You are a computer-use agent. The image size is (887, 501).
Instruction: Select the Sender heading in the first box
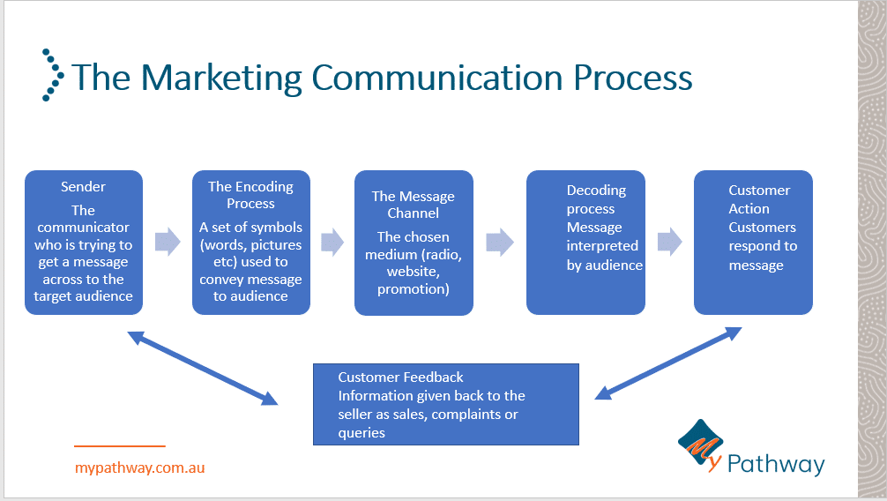83,186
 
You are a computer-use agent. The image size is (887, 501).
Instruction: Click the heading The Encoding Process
250,195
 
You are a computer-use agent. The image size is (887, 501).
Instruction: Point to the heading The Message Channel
413,205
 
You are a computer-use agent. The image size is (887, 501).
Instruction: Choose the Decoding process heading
596,199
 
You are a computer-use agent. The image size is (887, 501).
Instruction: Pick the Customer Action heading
759,199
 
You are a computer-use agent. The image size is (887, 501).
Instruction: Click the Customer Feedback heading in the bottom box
400,377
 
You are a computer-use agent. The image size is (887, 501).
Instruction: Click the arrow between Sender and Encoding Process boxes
168,242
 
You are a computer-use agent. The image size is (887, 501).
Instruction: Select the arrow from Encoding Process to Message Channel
332,243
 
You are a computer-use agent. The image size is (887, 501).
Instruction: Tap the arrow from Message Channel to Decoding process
500,243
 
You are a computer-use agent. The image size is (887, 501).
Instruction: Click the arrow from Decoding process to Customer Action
670,242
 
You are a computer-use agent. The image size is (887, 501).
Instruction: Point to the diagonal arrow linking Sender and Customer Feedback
203,368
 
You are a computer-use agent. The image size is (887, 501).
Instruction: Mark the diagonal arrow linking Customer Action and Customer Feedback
668,363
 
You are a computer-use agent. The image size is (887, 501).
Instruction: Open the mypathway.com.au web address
139,468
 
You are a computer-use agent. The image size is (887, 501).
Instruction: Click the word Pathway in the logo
776,464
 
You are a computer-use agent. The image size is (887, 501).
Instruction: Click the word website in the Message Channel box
413,272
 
